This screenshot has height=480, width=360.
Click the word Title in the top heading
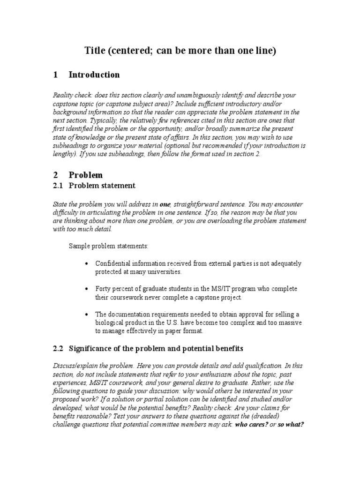pyautogui.click(x=95, y=51)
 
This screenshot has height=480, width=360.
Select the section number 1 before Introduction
pyautogui.click(x=56, y=75)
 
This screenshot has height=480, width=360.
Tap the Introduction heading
pyautogui.click(x=94, y=75)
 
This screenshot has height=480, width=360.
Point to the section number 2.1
pyautogui.click(x=58, y=186)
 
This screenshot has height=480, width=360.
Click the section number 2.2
pyautogui.click(x=58, y=348)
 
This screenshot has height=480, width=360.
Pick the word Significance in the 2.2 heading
pyautogui.click(x=91, y=348)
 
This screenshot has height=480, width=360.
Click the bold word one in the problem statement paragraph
pyautogui.click(x=165, y=204)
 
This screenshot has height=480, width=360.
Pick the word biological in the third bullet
pyautogui.click(x=110, y=322)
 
